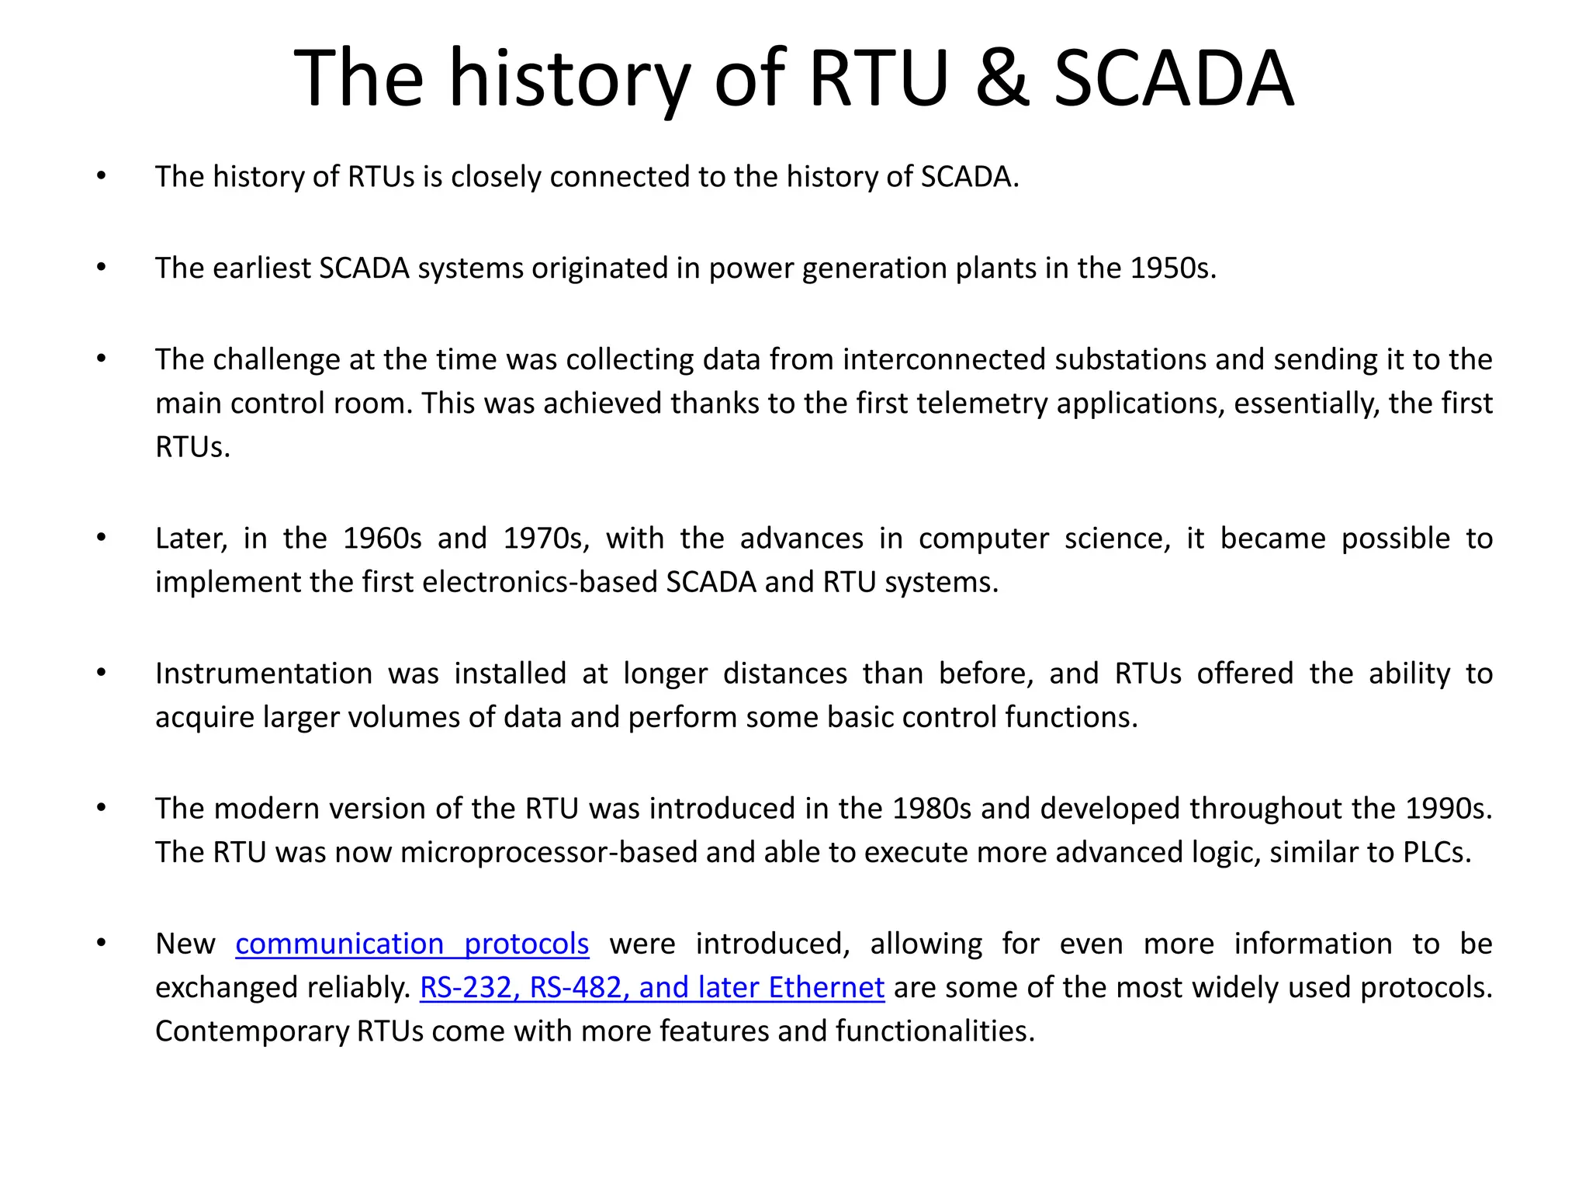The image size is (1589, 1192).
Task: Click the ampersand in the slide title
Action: pyautogui.click(x=1002, y=78)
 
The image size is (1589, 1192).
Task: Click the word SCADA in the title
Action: pyautogui.click(x=1174, y=78)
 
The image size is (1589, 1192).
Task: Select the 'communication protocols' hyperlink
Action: pyautogui.click(x=412, y=944)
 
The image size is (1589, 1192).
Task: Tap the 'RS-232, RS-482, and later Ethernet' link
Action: pyautogui.click(x=652, y=987)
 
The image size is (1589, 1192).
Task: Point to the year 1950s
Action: pyautogui.click(x=1172, y=268)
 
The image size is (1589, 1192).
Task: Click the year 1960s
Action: pyautogui.click(x=382, y=539)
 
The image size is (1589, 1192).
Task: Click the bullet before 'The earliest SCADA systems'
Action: pyautogui.click(x=101, y=268)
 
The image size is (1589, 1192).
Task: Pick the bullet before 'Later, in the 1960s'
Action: pyautogui.click(x=101, y=538)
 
